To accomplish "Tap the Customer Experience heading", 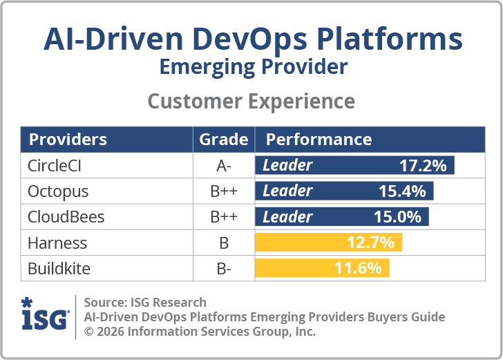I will point(251,101).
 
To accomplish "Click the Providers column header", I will point(68,139).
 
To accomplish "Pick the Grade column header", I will point(223,139).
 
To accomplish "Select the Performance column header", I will point(319,139).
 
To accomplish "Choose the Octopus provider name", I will point(58,191).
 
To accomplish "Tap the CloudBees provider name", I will point(66,216).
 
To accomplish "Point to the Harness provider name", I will point(57,243).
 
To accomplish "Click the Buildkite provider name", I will point(59,268).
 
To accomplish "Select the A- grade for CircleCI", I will point(223,165).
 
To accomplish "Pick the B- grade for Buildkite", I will point(223,268).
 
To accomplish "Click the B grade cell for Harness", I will point(223,243).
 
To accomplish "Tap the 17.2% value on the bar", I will point(423,165).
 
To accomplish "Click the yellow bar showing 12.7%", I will point(329,243).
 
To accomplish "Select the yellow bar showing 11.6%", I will point(323,268).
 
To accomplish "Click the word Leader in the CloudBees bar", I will point(287,216).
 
